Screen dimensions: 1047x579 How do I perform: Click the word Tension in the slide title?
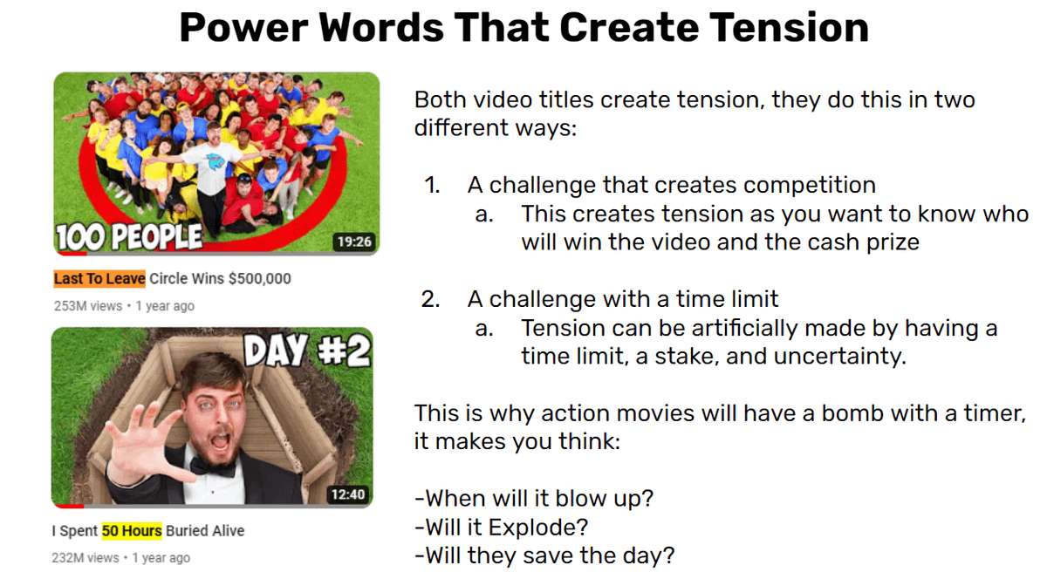(x=789, y=27)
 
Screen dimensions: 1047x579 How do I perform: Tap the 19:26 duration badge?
(x=354, y=242)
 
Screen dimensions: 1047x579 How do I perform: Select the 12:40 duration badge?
(x=348, y=494)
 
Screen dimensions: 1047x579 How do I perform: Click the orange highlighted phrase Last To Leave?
(x=99, y=278)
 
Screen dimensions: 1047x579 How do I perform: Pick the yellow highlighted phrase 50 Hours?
(x=132, y=531)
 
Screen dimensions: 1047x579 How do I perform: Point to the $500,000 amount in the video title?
(x=259, y=278)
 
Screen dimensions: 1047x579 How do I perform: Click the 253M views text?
(x=88, y=306)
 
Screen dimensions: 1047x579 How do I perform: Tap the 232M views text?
(x=86, y=558)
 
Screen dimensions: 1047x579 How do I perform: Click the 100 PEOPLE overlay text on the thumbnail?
(x=129, y=236)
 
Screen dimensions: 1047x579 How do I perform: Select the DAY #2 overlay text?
(x=307, y=351)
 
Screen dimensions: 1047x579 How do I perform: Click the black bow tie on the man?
(x=212, y=466)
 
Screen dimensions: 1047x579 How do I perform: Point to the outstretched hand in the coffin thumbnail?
(x=145, y=444)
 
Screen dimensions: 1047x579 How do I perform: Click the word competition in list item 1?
(x=810, y=185)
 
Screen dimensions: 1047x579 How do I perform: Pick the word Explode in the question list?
(x=537, y=528)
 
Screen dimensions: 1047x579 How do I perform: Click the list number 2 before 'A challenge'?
(x=430, y=299)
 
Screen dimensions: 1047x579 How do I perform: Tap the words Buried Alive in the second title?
(x=205, y=531)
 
